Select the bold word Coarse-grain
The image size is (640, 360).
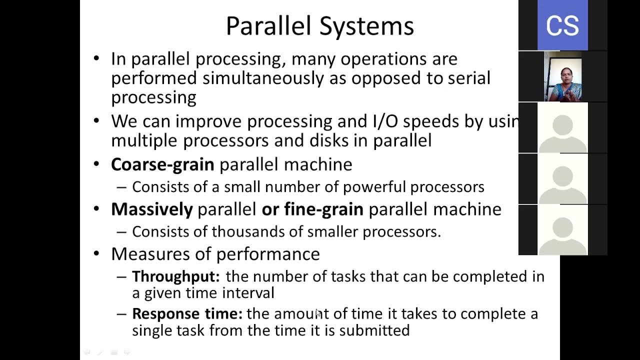[x=162, y=164]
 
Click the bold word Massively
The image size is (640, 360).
[x=151, y=209]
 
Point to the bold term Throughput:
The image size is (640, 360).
[x=175, y=276]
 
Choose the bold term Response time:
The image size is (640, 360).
[x=187, y=314]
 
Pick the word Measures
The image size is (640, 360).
[x=145, y=254]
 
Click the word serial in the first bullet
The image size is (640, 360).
[x=468, y=78]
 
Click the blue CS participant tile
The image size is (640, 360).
[x=562, y=25]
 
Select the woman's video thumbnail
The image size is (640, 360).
[x=562, y=76]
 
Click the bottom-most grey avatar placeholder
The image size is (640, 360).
[x=562, y=230]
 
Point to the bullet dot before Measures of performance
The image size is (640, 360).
[x=96, y=254]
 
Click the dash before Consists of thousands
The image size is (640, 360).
[x=121, y=232]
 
